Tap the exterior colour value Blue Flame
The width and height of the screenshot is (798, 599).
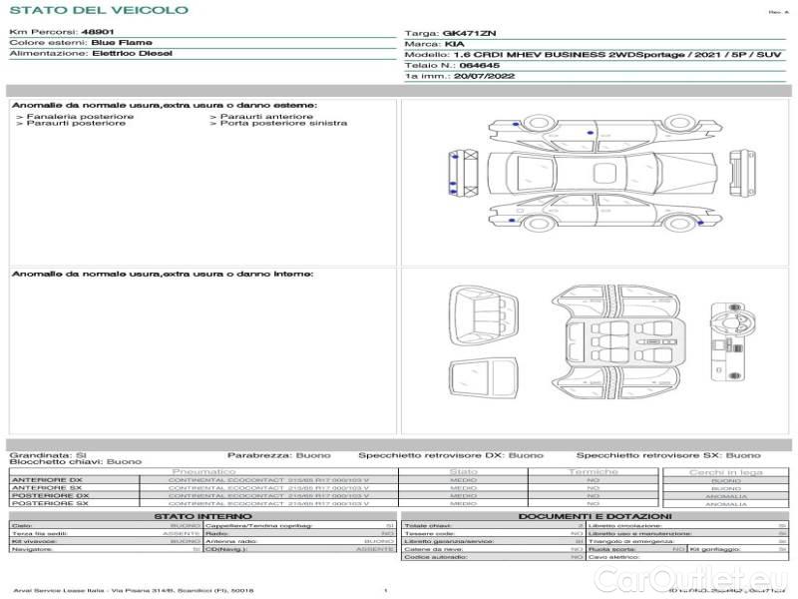pyautogui.click(x=122, y=43)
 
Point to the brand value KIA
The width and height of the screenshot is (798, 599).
pyautogui.click(x=454, y=44)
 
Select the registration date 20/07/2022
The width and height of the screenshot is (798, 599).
pyautogui.click(x=484, y=75)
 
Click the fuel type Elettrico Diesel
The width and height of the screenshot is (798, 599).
pyautogui.click(x=131, y=54)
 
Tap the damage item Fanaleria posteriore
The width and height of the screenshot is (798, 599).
pyautogui.click(x=78, y=116)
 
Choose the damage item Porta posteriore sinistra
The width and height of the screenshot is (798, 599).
pyautogui.click(x=283, y=123)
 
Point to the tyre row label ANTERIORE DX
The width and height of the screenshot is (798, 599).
pyautogui.click(x=47, y=479)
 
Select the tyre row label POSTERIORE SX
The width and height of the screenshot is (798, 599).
pyautogui.click(x=49, y=503)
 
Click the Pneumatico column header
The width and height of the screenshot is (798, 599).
pyautogui.click(x=204, y=471)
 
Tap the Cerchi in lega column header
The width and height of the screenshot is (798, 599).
pyautogui.click(x=725, y=471)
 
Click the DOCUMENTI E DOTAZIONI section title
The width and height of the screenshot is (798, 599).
pyautogui.click(x=595, y=516)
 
